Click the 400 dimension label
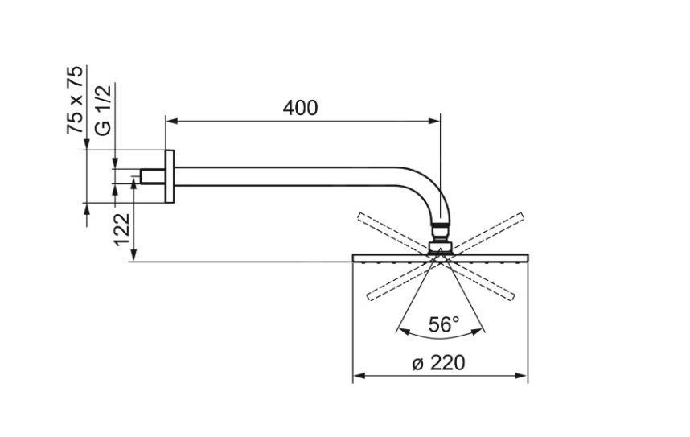coord(300,108)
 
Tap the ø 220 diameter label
coord(438,363)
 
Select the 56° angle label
coord(444,325)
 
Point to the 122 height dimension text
coord(122,229)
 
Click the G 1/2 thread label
coord(103,109)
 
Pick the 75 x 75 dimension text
coord(75,100)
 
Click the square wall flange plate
coord(170,176)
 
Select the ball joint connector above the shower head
coord(440,238)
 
